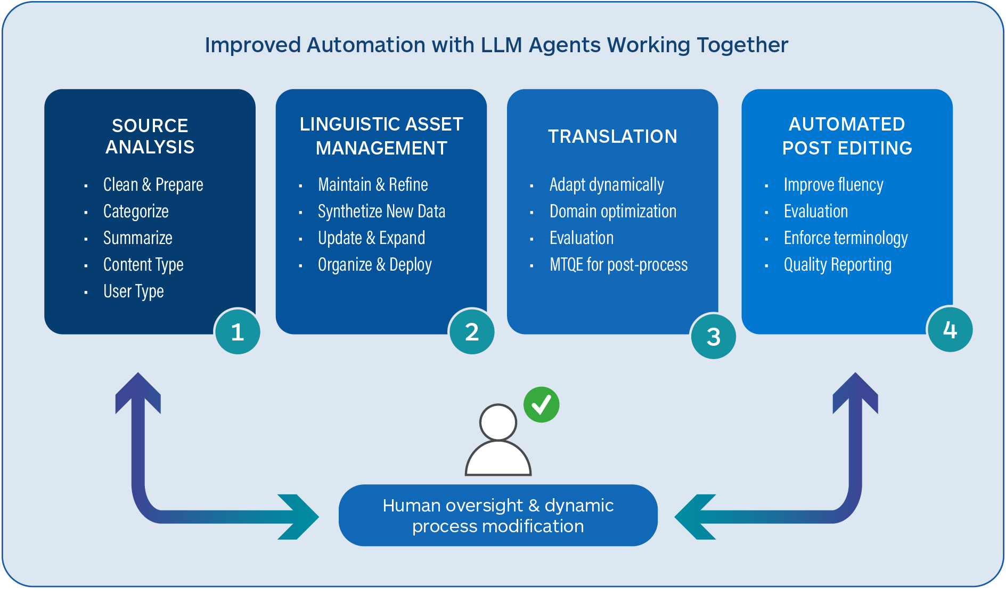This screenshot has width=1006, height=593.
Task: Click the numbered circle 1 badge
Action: tap(238, 332)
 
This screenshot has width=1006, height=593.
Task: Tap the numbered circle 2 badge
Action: tap(472, 332)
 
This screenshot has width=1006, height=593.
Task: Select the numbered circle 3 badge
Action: tap(713, 336)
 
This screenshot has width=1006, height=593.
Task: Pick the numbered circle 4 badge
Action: tap(950, 330)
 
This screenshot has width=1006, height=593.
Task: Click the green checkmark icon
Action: tap(541, 404)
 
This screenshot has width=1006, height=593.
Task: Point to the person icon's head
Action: tap(498, 422)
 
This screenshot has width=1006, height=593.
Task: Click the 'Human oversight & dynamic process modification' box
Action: tap(498, 515)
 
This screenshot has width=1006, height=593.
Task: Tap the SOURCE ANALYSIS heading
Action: tap(150, 136)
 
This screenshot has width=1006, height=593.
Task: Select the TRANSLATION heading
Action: tap(612, 136)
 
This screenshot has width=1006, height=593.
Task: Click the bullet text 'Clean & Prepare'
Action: tap(153, 185)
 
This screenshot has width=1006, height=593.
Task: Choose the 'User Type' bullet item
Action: tap(133, 291)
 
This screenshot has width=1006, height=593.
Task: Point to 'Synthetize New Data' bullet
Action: tap(381, 212)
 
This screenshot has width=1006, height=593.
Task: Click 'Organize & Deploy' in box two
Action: tap(374, 265)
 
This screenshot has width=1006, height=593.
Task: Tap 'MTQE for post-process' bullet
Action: tap(618, 265)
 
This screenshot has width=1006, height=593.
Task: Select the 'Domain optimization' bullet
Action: tap(612, 212)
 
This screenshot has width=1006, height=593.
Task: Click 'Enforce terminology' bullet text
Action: tap(845, 238)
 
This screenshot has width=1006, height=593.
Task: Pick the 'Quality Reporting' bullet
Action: tap(837, 265)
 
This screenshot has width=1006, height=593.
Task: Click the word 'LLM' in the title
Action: tap(501, 45)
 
